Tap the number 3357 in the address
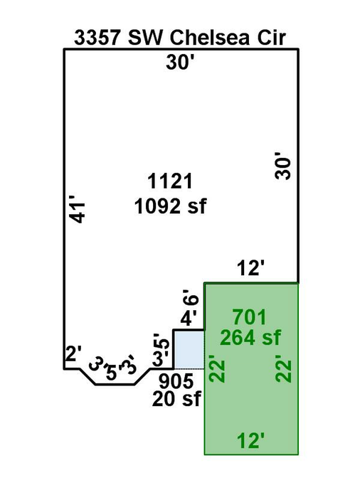(x=97, y=38)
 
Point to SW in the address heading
(x=144, y=38)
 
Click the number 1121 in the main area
(x=170, y=181)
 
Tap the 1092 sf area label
(x=170, y=206)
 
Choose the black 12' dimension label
(x=250, y=268)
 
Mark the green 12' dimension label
(x=250, y=440)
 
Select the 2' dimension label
(x=73, y=354)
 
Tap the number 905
(x=176, y=381)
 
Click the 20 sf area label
(x=176, y=398)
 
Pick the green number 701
(x=250, y=317)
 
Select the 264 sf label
(x=250, y=338)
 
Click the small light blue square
(x=189, y=350)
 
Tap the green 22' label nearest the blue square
(x=217, y=368)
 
